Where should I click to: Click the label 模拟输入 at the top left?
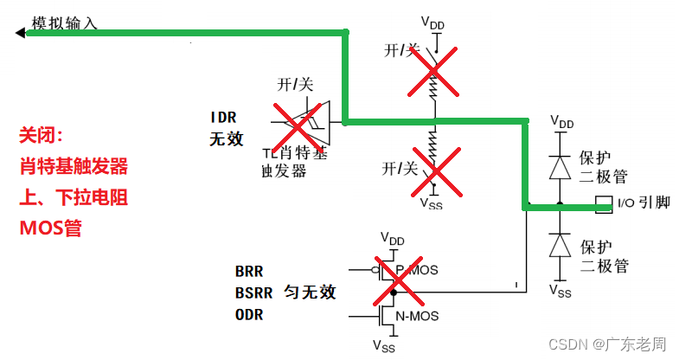(64, 23)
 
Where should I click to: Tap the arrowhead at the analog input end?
(20, 33)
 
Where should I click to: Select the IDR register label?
(223, 117)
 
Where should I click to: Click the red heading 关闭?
(42, 136)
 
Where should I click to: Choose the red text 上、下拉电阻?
(74, 197)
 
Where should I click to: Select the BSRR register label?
(252, 292)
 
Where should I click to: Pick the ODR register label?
(247, 315)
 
